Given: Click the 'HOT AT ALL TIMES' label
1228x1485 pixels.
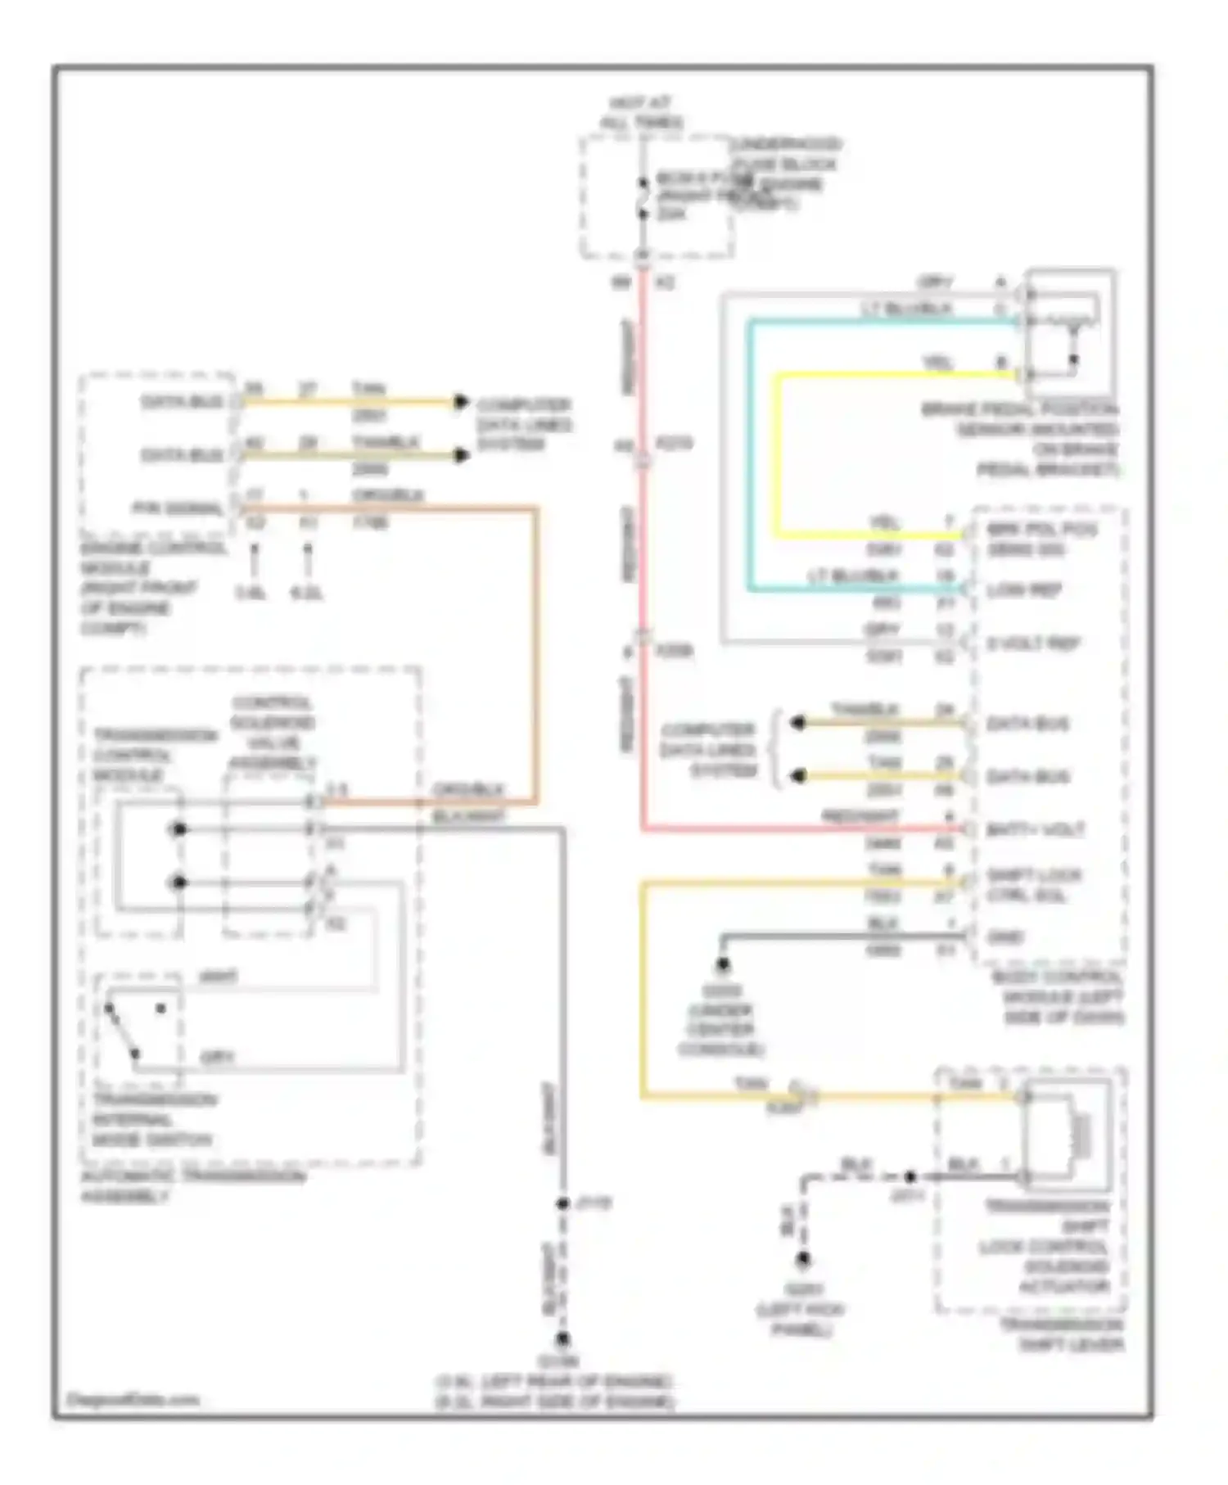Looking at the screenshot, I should point(640,113).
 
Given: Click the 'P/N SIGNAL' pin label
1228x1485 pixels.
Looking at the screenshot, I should point(179,508).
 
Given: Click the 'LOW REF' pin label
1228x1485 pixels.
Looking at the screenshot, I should point(1024,589).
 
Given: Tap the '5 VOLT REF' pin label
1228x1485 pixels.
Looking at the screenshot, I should point(1033,643).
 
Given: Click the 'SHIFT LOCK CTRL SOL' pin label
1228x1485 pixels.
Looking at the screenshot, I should point(1033,885).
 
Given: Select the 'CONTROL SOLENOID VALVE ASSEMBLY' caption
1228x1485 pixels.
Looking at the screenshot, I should point(272,733).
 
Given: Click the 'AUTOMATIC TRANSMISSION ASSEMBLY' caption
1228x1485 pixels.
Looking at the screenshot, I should point(192,1186).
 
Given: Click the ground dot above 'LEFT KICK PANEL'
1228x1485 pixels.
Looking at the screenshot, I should point(803,1260).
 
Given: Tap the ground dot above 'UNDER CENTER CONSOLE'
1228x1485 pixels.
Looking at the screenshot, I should point(723,965).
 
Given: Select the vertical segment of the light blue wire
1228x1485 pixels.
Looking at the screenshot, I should point(749,455).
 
